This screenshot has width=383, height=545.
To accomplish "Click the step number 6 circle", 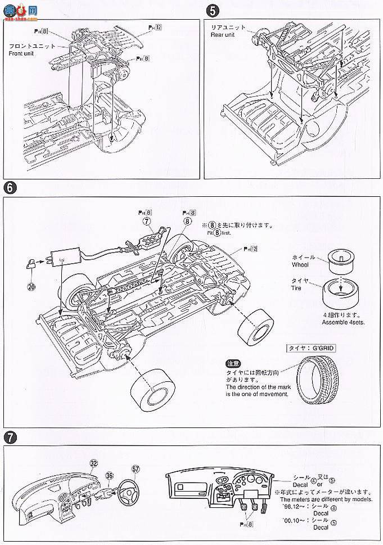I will [x=10, y=188].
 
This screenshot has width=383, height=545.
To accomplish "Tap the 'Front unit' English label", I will [x=21, y=54].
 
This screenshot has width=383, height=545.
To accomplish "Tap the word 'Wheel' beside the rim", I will [x=300, y=264].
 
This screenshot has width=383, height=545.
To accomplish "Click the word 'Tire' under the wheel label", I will [x=296, y=288].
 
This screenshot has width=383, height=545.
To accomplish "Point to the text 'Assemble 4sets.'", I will [x=335, y=323].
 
